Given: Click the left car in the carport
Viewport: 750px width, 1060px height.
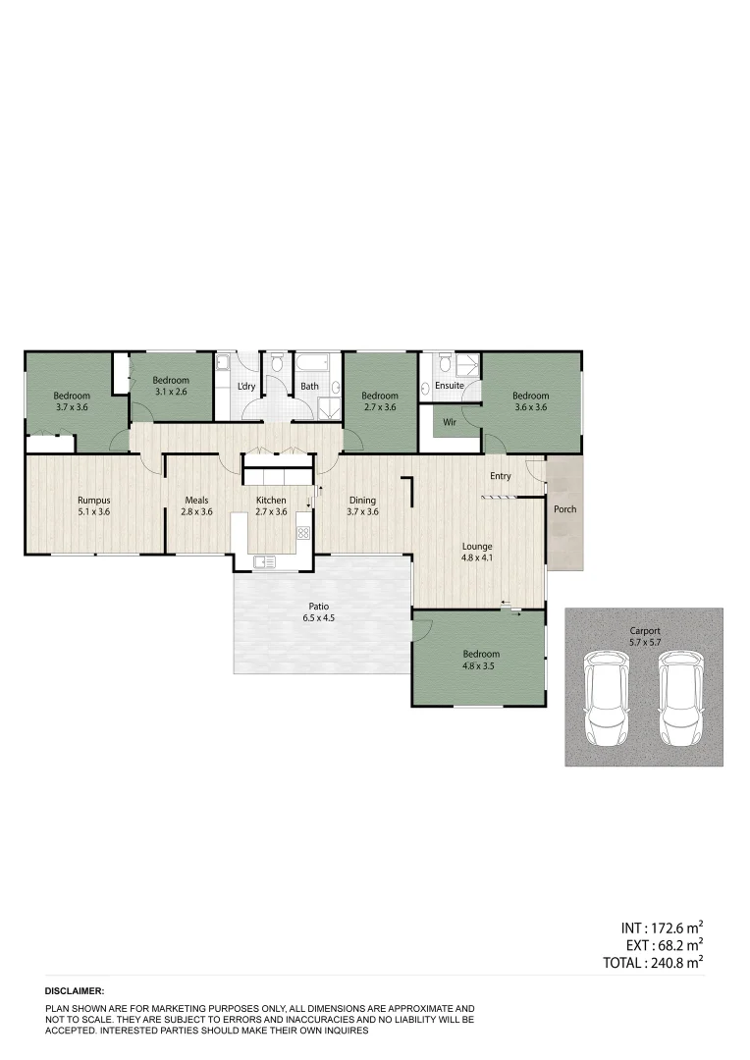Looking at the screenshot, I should (606, 699).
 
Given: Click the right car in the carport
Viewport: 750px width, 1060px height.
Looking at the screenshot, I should (681, 699).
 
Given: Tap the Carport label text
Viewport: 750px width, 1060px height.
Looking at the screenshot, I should (645, 630).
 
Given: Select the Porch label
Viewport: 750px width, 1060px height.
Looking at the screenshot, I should (565, 509).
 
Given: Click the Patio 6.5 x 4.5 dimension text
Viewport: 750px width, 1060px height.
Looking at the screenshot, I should (322, 618).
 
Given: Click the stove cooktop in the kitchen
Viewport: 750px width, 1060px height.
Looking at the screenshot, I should (303, 533).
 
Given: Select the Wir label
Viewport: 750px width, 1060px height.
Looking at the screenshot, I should (450, 422).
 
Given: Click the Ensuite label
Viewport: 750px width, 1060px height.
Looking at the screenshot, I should (450, 386).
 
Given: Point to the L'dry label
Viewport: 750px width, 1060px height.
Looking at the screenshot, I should (246, 386).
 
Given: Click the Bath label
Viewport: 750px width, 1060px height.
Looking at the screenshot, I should (309, 386).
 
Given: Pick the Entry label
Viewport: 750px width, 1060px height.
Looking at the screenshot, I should (501, 476).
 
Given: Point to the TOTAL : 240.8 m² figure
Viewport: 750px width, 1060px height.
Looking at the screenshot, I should (653, 963).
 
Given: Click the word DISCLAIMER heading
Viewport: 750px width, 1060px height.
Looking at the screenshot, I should (75, 992).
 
